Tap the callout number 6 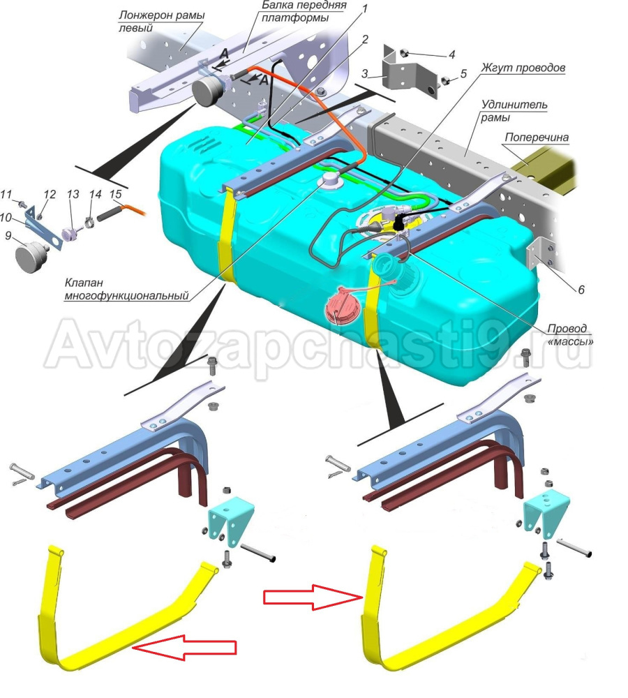coord(581,290)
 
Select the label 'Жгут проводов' coord(523,68)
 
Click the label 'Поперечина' coord(537,137)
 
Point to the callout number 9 coord(8,235)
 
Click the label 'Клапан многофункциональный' coord(126,289)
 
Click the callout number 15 coord(115,195)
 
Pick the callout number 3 coord(364,73)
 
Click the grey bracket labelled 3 coord(410,72)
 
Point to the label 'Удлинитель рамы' coord(514,111)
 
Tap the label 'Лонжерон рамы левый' coord(162,22)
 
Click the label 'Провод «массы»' coord(570,335)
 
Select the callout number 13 coord(73,194)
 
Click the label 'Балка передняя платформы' coord(304,12)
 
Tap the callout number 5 coord(463,73)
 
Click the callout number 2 coord(365,40)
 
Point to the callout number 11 coord(6,195)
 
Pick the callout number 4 coord(451,54)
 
